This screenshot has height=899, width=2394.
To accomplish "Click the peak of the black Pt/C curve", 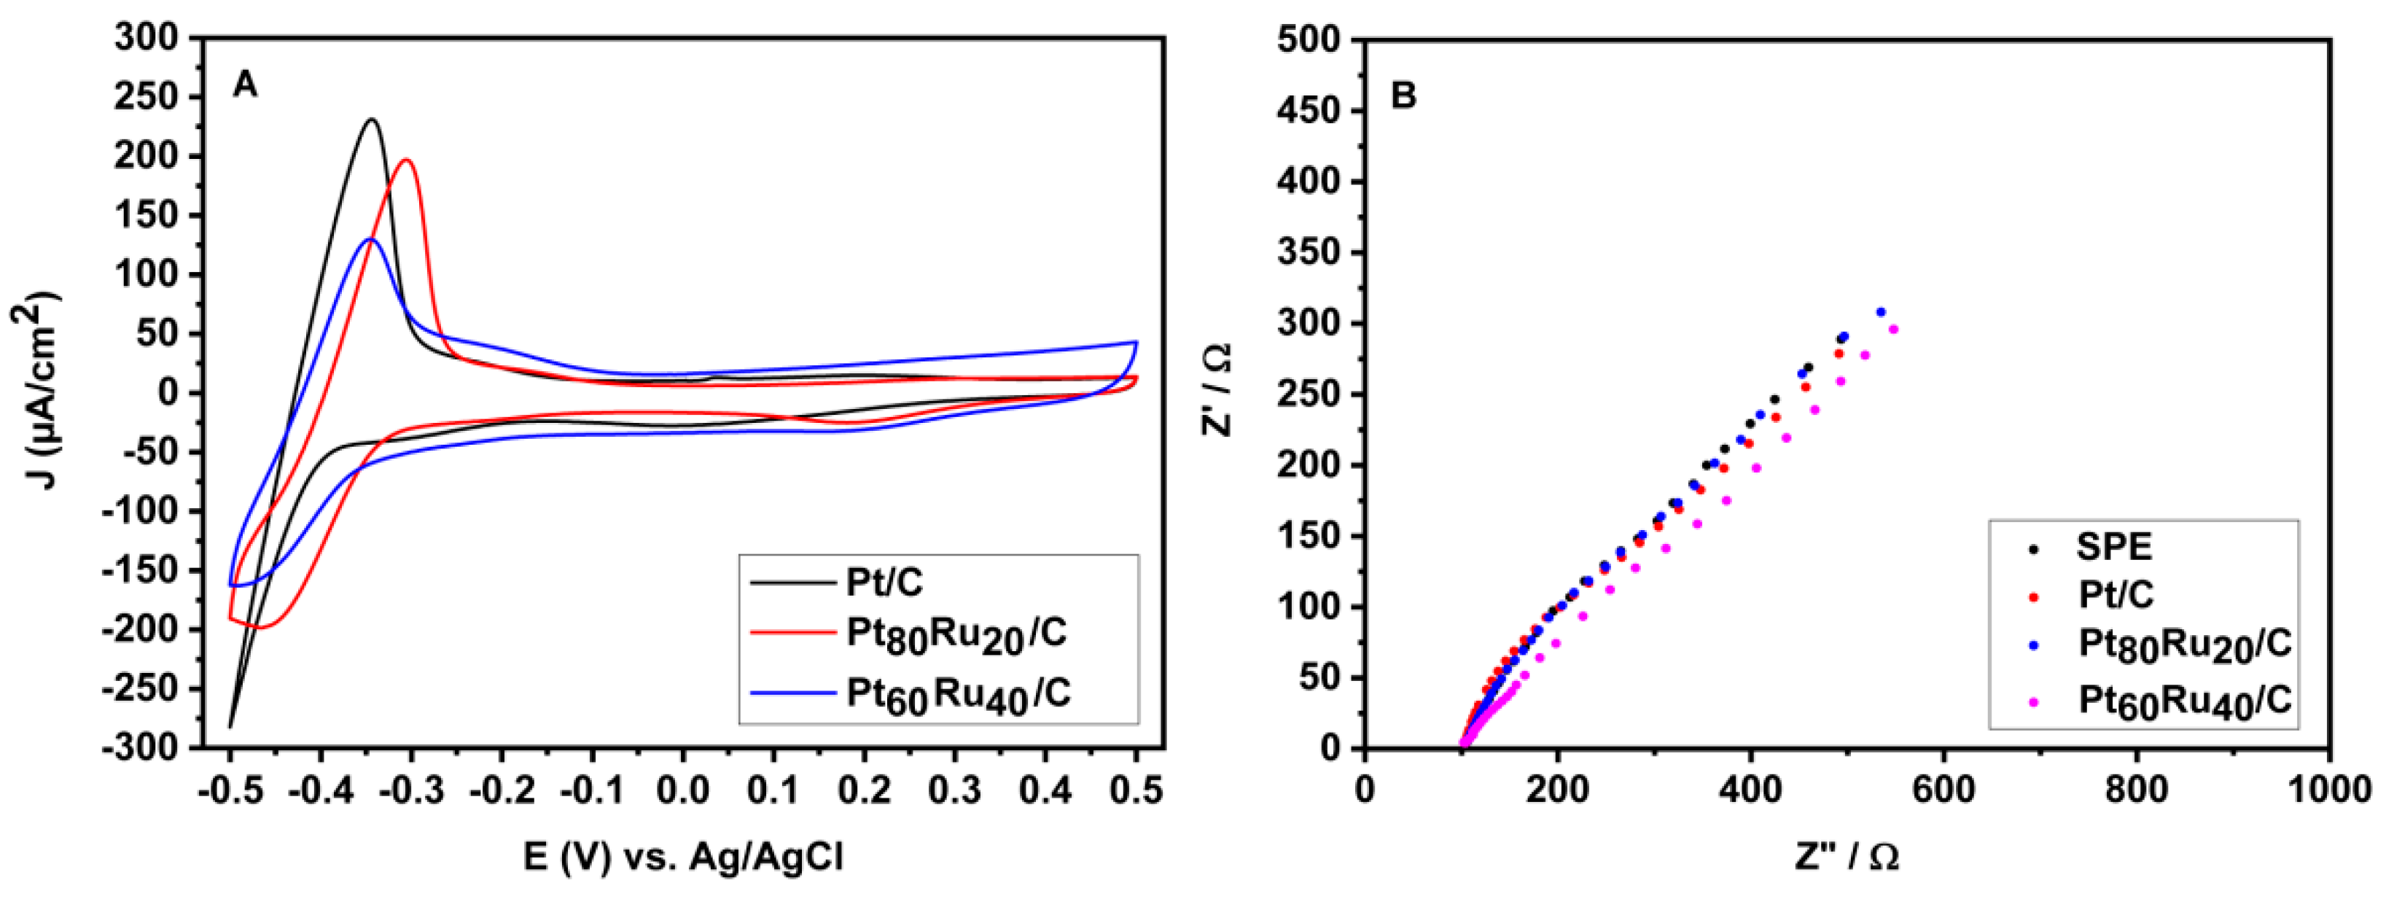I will click(372, 120).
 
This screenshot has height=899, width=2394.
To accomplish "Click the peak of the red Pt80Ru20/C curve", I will click(406, 160).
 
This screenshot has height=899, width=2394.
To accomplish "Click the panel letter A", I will click(244, 85).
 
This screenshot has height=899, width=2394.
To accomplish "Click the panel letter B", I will click(1403, 95).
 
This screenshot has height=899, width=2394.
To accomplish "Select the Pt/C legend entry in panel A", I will click(884, 583).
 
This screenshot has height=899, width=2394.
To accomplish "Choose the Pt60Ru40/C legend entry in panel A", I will click(957, 694).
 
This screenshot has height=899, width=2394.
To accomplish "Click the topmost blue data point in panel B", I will click(1881, 312).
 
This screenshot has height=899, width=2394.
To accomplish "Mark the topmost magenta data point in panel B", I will click(1893, 329).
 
